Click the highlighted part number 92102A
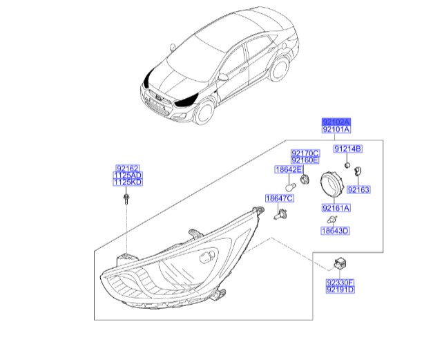(x=336, y=120)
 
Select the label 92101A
(x=336, y=129)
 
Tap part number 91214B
(x=348, y=149)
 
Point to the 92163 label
(x=359, y=189)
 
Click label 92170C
(x=305, y=153)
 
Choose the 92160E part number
(x=305, y=160)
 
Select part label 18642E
(x=288, y=169)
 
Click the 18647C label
(x=280, y=199)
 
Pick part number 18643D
(x=335, y=231)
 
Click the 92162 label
(x=127, y=168)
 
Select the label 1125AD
(x=127, y=176)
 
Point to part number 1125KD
(x=127, y=184)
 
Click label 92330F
(x=340, y=282)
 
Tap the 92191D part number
(x=340, y=290)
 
